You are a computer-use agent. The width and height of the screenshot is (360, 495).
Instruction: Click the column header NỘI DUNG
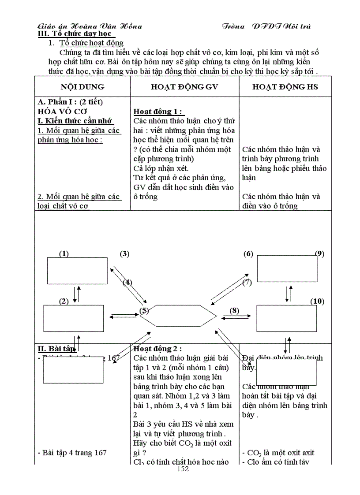pos(82,87)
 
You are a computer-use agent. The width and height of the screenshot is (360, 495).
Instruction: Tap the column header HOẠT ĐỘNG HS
pos(285,87)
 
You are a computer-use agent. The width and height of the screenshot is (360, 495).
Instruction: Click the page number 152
pos(182,469)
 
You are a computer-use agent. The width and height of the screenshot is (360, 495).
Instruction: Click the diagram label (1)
pos(64,253)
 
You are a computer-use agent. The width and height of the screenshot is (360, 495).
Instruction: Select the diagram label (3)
pos(124,253)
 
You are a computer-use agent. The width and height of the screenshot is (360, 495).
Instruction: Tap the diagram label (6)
pos(248,253)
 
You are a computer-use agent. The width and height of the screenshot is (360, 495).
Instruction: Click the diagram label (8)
pos(234,310)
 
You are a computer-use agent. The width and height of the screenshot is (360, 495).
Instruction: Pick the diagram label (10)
pos(317,301)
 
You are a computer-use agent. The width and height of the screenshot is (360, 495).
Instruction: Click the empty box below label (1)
pos(77,271)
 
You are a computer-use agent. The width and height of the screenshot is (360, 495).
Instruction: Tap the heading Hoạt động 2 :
pos(157,349)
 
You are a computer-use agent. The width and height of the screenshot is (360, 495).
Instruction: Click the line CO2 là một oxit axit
pos(280,453)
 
